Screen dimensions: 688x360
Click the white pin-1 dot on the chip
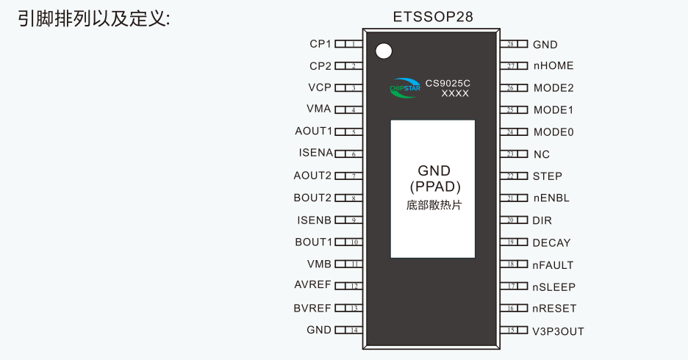tap(384, 51)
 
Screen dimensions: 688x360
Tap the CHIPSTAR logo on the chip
tap(405, 88)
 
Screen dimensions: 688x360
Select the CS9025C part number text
tap(448, 83)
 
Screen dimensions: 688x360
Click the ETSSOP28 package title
tap(433, 17)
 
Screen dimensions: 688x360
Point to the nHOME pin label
tap(553, 66)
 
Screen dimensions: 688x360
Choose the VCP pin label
tap(320, 87)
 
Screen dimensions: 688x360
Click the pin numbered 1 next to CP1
tap(349, 44)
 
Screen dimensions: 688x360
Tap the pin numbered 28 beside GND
tap(514, 44)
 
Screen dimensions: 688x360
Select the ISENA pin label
tap(315, 153)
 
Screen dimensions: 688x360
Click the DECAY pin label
tap(551, 243)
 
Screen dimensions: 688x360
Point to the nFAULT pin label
tap(553, 265)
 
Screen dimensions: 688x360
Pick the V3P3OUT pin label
tap(558, 331)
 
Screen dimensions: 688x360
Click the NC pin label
tap(542, 154)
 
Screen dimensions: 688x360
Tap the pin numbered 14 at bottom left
tap(349, 330)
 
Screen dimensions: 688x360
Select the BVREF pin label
tap(312, 309)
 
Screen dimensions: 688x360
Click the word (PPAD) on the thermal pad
tap(435, 187)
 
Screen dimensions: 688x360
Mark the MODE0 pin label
tap(553, 132)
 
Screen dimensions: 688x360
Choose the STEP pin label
tap(547, 176)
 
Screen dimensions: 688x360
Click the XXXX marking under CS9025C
tap(455, 93)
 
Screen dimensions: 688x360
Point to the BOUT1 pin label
tap(314, 242)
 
